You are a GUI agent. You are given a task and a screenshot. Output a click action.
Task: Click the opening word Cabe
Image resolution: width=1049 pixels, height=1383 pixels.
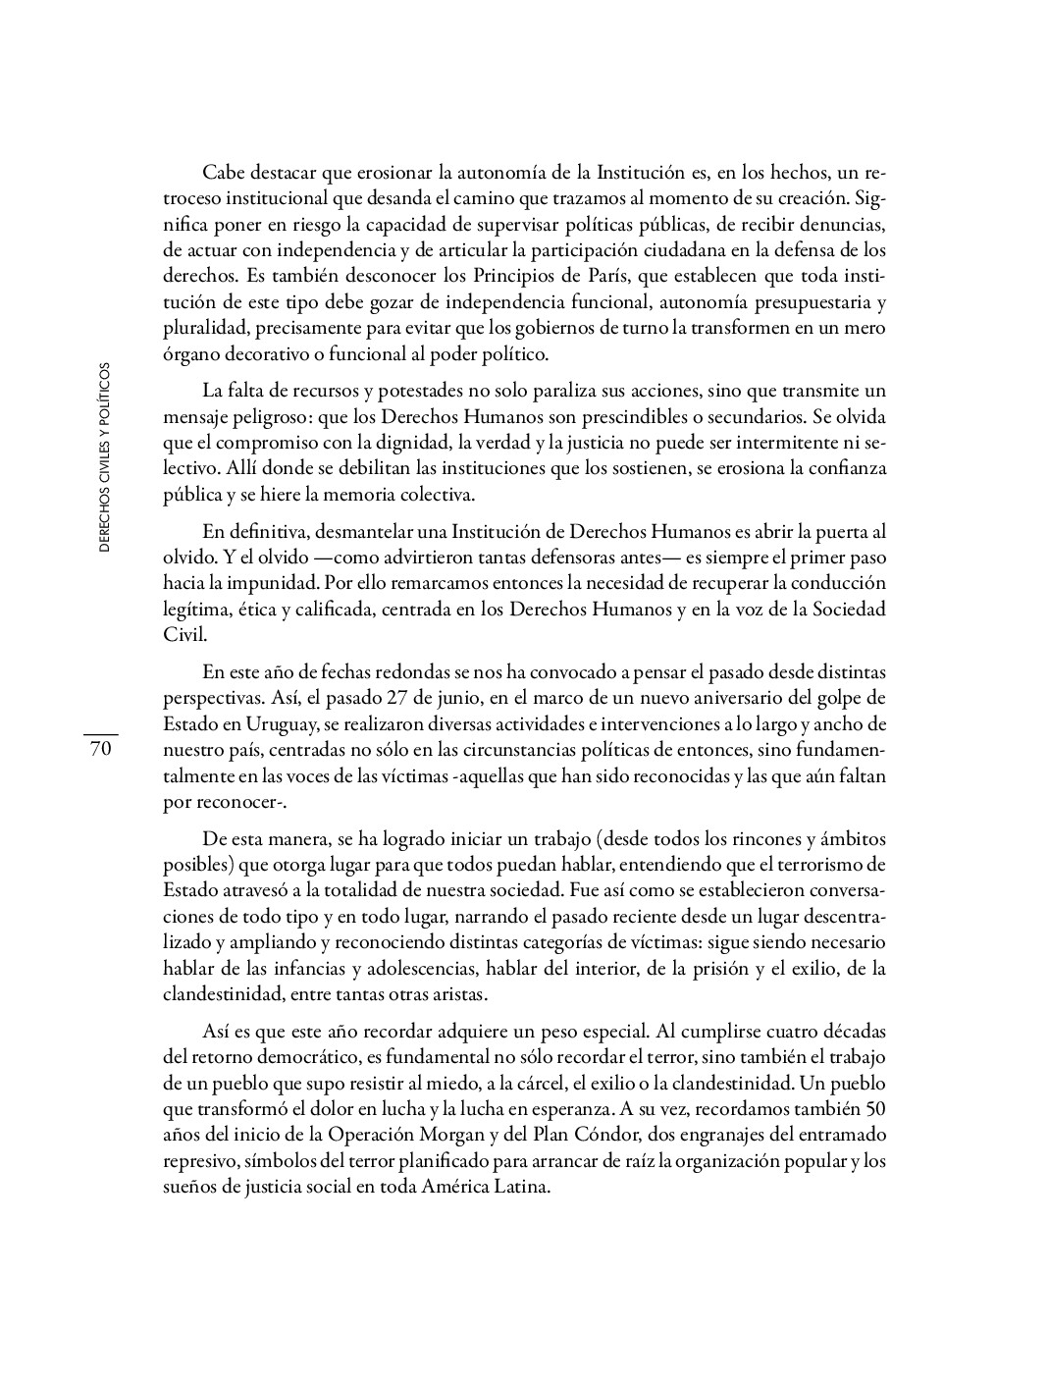222,174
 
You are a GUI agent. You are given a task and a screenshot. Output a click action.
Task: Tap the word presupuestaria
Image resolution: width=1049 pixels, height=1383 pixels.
800,301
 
